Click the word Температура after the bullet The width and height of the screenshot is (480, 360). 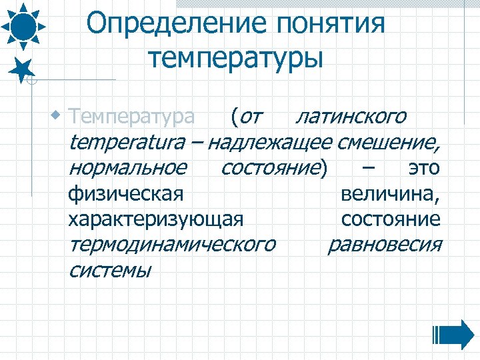coord(132,117)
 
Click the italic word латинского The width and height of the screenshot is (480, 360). coord(351,117)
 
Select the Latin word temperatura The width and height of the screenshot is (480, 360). coord(133,143)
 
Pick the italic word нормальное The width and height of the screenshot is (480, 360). coord(127,168)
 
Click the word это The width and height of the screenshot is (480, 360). coord(424,168)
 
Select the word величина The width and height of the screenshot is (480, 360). coord(389,194)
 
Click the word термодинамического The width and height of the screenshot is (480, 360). coord(171,245)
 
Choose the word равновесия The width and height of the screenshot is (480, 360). coord(385,245)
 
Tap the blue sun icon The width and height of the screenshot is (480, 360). coord(23,25)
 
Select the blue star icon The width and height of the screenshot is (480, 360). coord(22,69)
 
